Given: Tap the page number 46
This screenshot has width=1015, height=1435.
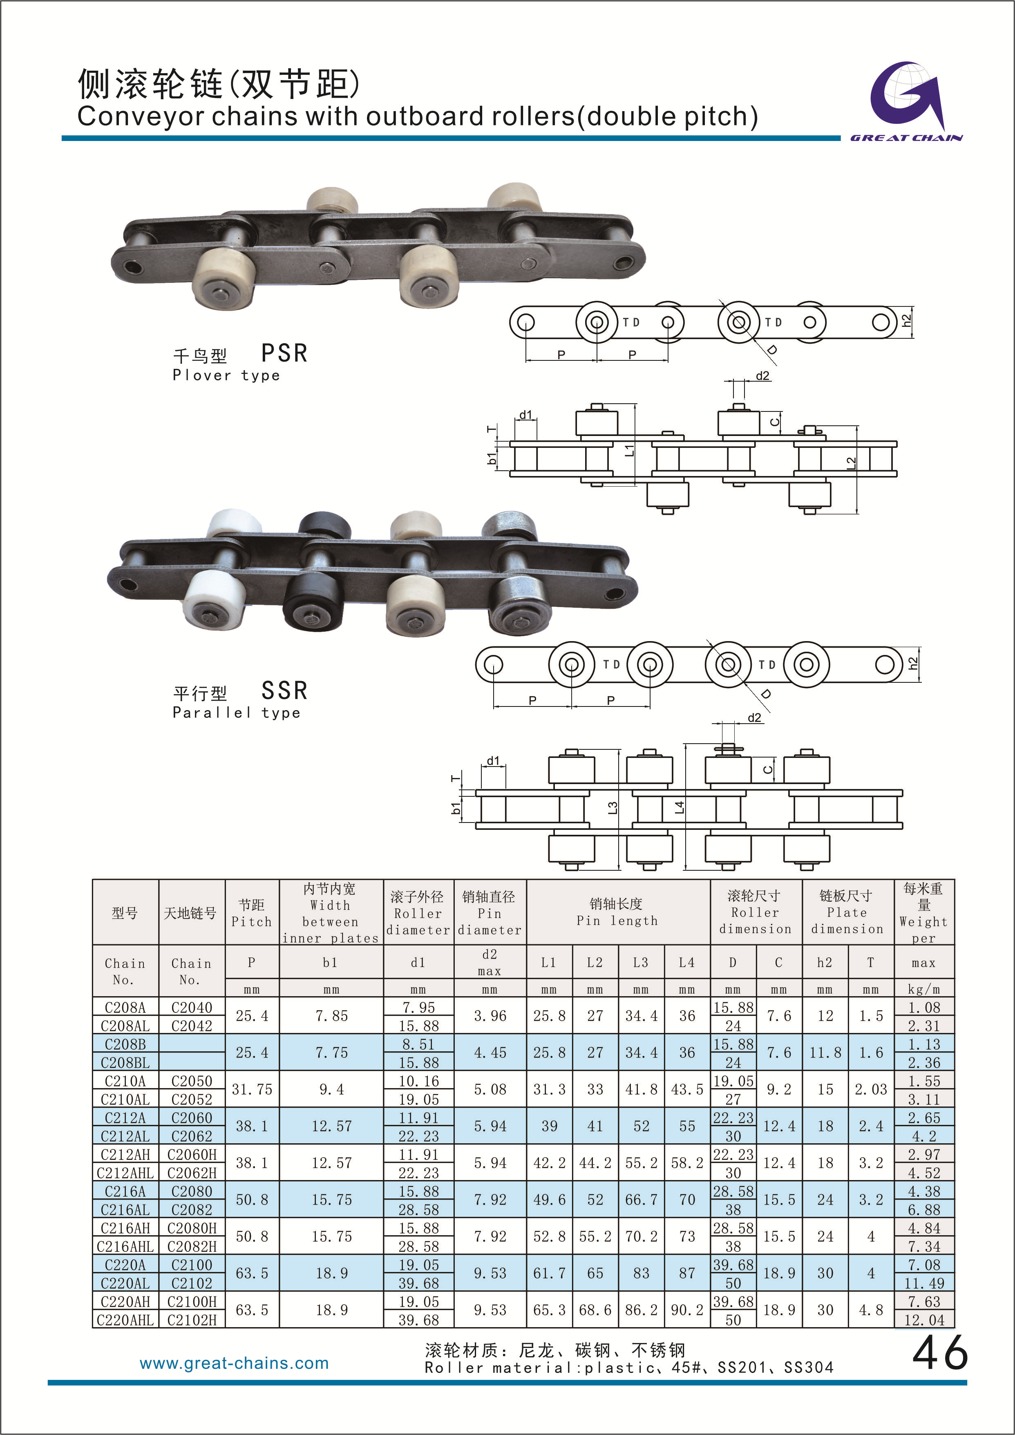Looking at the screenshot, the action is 939,1354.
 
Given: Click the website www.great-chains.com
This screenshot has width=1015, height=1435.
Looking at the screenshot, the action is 235,1363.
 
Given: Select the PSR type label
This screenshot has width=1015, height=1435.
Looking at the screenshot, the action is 284,353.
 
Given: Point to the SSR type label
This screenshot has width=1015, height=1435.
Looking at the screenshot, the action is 284,691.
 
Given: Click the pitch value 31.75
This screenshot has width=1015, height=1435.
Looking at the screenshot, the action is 252,1089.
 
